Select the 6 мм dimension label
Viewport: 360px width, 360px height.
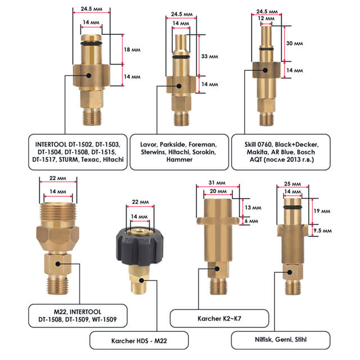251,221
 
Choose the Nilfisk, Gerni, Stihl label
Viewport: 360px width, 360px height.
287,340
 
